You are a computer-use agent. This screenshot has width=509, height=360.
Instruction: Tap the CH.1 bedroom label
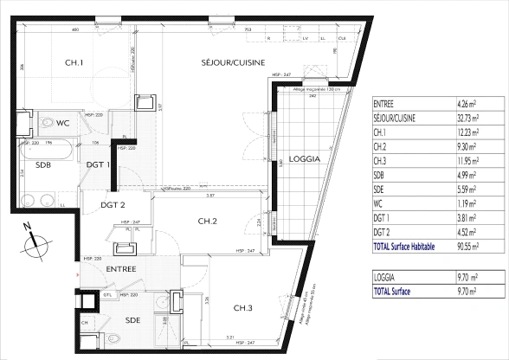pos(74,62)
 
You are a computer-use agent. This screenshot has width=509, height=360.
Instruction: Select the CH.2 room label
pos(208,222)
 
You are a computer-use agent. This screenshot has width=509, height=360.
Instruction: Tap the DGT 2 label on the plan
pos(113,205)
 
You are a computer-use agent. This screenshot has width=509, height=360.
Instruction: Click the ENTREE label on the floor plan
pos(122,270)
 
